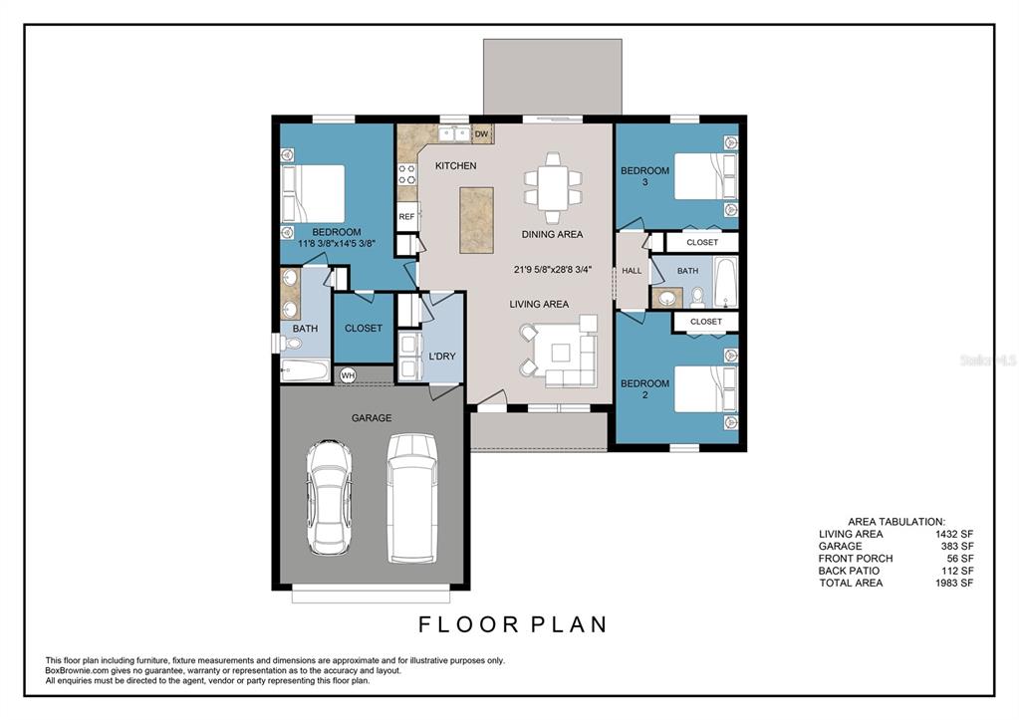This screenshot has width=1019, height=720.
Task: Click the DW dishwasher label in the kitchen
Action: coord(481,134)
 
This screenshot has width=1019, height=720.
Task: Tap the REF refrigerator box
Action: coord(407,216)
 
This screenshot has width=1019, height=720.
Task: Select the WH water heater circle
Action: coord(349,375)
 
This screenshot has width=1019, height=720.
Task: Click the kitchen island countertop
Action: coord(476,220)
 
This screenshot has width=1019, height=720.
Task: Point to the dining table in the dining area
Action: coord(553,188)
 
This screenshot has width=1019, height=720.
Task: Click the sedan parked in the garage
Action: coord(329,497)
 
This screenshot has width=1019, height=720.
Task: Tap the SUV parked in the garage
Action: coord(411,498)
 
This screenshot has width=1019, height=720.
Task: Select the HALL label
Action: coord(632,271)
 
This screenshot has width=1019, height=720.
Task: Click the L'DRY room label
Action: coord(442,357)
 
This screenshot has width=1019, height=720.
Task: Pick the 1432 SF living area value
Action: coord(954,534)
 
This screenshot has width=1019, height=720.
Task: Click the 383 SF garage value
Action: coord(957,546)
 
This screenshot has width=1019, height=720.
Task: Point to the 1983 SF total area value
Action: coord(954,583)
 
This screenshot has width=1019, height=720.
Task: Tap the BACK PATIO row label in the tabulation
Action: coord(849,571)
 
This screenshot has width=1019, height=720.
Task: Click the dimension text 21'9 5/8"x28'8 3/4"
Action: coord(553,269)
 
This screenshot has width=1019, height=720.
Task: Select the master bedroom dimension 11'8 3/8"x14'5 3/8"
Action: coord(337,244)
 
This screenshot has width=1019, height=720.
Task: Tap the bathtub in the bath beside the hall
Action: coord(725,282)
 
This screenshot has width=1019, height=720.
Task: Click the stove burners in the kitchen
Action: coord(407,174)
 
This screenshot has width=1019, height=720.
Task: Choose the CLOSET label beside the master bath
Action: coord(364,329)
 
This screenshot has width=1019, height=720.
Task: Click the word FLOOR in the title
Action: coord(468,624)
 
